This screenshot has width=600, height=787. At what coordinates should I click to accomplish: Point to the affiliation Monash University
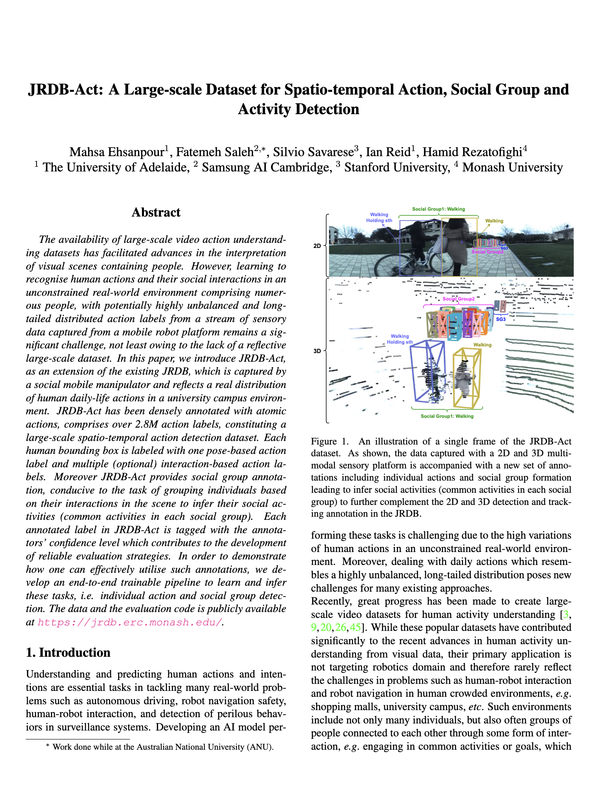point(513,168)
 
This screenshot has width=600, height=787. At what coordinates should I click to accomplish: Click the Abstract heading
point(156,213)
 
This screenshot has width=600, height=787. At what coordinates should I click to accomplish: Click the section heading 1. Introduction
point(68,652)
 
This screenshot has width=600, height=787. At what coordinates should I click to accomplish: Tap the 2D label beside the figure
point(317,246)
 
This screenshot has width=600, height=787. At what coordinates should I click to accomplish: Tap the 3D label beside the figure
point(317,351)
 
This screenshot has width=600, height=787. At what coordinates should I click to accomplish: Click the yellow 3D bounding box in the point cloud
point(467,379)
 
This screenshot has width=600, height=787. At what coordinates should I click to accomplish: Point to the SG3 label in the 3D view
point(501,319)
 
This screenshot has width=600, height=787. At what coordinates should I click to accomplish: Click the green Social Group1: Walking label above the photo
point(438,209)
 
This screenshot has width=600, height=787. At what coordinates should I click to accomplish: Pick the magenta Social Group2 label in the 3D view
point(458,299)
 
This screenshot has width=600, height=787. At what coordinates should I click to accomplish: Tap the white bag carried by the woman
point(437,245)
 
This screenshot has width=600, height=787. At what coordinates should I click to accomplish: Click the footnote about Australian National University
point(160,747)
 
